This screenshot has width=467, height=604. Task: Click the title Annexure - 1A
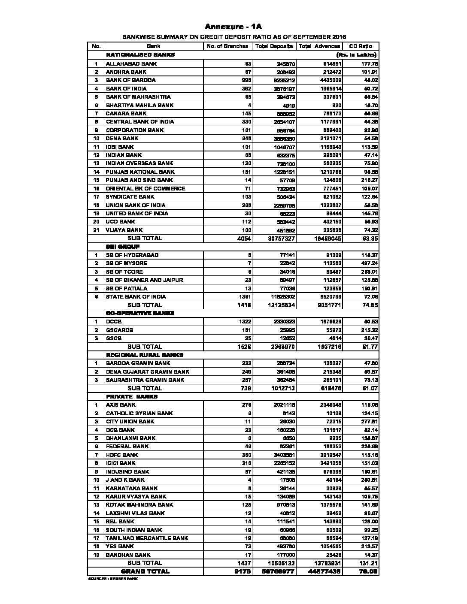click(233, 27)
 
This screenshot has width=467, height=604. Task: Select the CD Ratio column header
click(360, 46)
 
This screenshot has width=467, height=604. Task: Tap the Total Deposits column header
click(274, 46)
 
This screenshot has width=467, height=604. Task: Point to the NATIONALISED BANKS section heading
click(140, 55)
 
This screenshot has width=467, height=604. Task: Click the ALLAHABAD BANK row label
click(131, 63)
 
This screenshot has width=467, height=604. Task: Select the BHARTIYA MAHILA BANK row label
click(139, 105)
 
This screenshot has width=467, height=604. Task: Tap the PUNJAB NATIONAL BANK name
click(140, 172)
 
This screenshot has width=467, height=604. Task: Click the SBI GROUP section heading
click(123, 247)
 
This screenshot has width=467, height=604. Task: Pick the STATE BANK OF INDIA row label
click(136, 296)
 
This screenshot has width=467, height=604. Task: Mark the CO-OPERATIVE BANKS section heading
click(140, 313)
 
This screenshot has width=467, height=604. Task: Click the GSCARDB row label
click(119, 330)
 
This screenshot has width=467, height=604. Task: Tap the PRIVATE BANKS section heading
click(132, 396)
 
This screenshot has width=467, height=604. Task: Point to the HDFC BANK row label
click(122, 455)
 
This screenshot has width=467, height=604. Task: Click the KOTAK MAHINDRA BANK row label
click(139, 504)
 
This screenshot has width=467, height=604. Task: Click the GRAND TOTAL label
click(145, 571)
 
